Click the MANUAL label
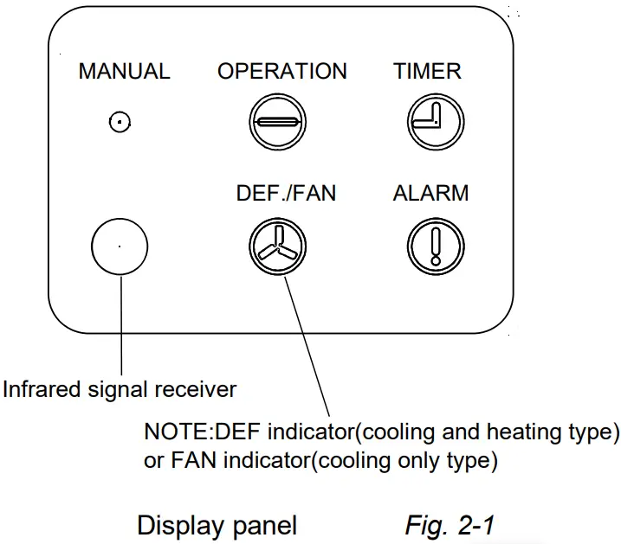(124, 72)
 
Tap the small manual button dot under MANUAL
(120, 123)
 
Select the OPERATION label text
(282, 72)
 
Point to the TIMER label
(427, 72)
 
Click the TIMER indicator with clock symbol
(430, 123)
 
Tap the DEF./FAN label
(286, 194)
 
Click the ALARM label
(430, 194)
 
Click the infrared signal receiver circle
(120, 246)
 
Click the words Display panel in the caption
(217, 524)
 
